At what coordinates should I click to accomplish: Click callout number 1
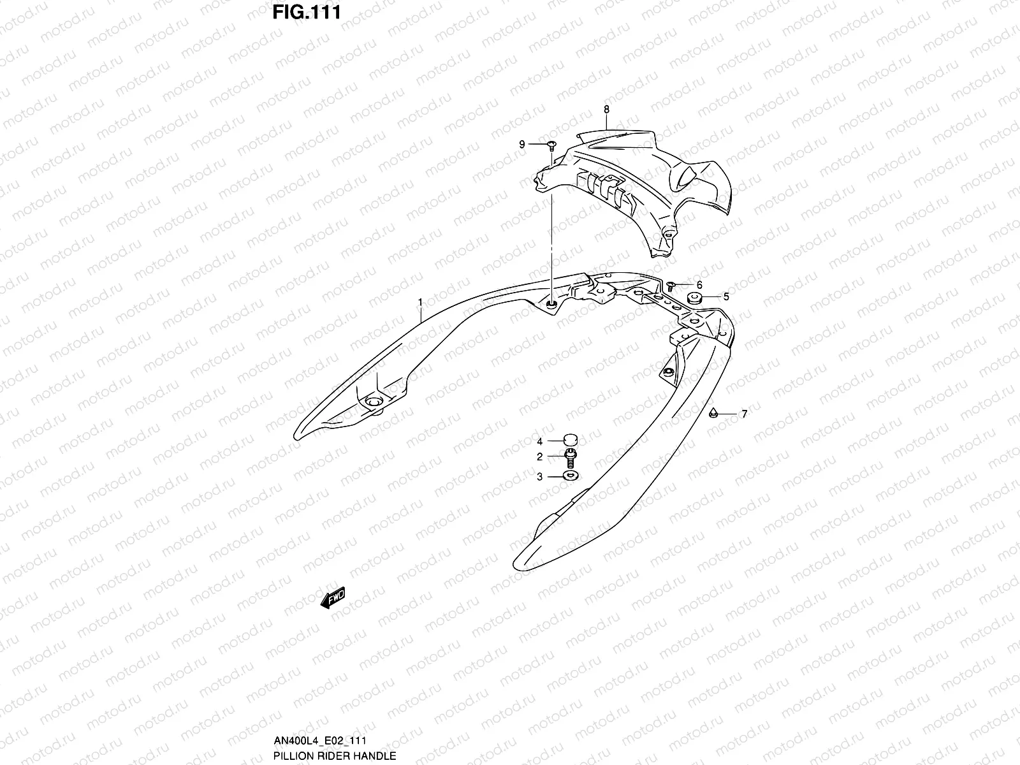pyautogui.click(x=420, y=301)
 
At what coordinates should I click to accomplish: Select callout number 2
pyautogui.click(x=539, y=456)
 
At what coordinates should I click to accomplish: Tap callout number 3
pyautogui.click(x=539, y=476)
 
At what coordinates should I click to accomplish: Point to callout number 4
pyautogui.click(x=539, y=441)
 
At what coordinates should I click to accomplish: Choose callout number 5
pyautogui.click(x=725, y=296)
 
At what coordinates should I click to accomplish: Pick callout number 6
pyautogui.click(x=699, y=285)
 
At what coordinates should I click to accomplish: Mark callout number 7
pyautogui.click(x=743, y=414)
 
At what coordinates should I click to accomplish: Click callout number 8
pyautogui.click(x=606, y=109)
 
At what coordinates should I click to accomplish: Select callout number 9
pyautogui.click(x=521, y=145)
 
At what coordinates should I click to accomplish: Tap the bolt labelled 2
pyautogui.click(x=571, y=456)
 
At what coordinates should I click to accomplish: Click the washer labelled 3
pyautogui.click(x=571, y=476)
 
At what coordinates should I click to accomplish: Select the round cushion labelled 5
pyautogui.click(x=694, y=297)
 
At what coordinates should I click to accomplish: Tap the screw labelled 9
pyautogui.click(x=551, y=145)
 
